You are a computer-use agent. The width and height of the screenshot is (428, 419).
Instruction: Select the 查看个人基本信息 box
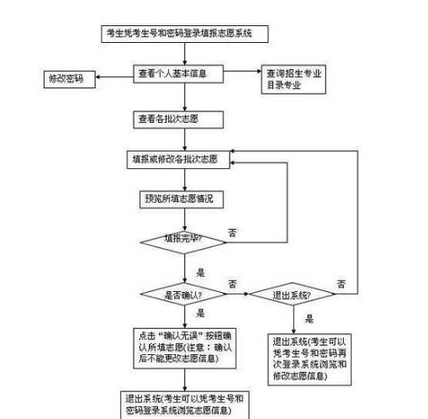[x=182, y=74]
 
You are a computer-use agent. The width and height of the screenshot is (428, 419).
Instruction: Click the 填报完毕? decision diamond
[x=182, y=240]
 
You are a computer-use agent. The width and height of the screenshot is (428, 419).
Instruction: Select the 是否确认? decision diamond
[x=182, y=295]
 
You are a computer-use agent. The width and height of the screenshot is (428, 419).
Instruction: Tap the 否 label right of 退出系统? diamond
[x=341, y=281]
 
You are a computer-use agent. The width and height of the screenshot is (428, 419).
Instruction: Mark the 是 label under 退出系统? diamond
[x=309, y=319]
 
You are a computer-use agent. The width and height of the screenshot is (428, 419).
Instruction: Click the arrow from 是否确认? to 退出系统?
[x=237, y=295]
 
